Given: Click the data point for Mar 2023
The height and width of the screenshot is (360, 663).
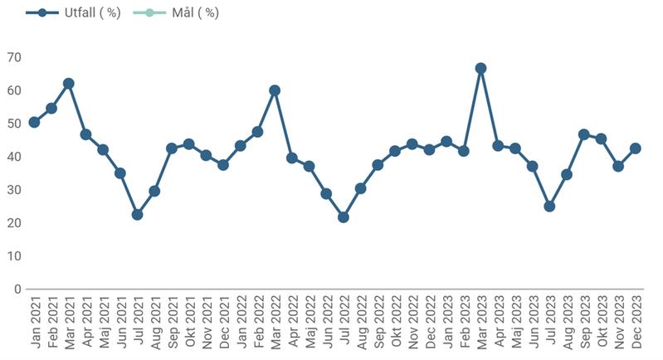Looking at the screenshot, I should click(480, 68).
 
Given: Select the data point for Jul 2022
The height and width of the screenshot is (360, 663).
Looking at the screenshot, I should click(344, 217).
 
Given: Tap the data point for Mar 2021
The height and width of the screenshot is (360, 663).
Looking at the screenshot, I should click(69, 84).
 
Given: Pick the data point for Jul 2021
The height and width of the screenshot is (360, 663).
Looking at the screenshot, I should click(138, 214).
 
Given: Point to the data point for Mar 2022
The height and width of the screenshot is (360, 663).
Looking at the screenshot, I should click(275, 90).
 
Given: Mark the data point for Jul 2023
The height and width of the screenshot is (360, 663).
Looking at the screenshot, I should click(549, 206).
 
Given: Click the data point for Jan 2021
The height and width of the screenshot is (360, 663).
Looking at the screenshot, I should click(34, 122).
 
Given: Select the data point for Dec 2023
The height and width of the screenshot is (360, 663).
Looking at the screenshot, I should click(636, 148).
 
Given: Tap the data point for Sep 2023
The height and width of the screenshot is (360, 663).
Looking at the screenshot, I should click(584, 134).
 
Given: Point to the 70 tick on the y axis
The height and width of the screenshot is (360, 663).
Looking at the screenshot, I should click(14, 57).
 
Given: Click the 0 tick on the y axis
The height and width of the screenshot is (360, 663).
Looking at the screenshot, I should click(17, 289).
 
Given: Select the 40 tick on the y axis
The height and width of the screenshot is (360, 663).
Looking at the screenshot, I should click(14, 157).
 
